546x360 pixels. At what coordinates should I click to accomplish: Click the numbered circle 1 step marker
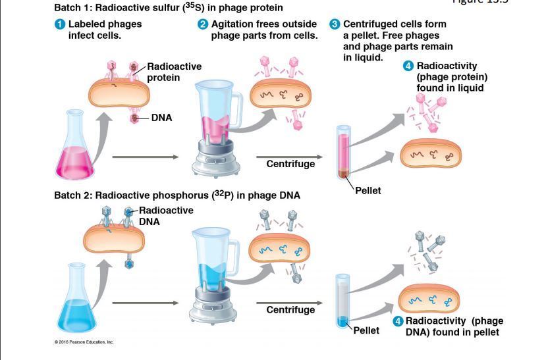[x=60, y=24]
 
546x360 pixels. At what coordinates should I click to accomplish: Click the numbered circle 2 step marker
[x=203, y=24]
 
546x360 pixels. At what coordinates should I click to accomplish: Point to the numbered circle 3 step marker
[x=335, y=24]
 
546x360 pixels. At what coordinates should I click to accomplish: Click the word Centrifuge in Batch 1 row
[x=290, y=164]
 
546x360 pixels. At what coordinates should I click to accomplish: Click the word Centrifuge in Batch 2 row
[x=290, y=310]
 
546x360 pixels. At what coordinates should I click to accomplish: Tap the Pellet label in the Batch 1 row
[x=368, y=191]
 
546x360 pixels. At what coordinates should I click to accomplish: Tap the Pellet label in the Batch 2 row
[x=366, y=330]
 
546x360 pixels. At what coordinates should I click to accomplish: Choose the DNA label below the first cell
[x=161, y=118]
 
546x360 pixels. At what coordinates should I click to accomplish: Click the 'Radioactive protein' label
[x=174, y=72]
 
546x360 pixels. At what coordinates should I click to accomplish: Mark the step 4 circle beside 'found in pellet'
[x=398, y=321]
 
